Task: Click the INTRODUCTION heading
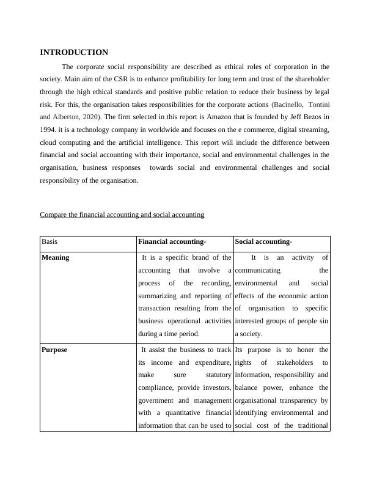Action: coord(74,53)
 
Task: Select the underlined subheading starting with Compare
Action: coord(122,215)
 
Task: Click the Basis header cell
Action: coord(50,243)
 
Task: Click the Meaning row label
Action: coord(55,258)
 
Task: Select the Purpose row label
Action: coord(54,350)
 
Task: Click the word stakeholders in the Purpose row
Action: coord(293,363)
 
